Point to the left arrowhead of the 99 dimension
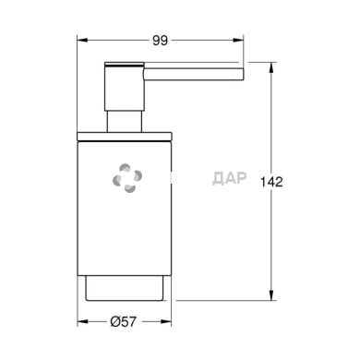point(80,41)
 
